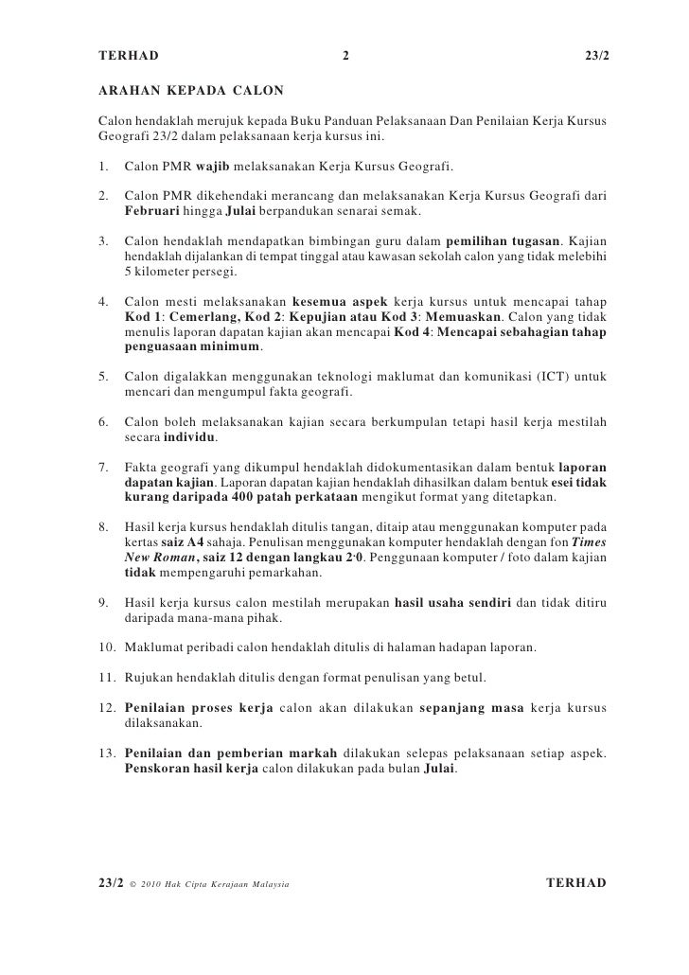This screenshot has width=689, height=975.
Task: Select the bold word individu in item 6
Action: (189, 437)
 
